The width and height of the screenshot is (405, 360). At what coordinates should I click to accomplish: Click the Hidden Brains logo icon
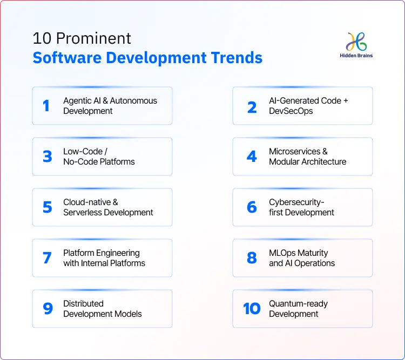click(x=357, y=41)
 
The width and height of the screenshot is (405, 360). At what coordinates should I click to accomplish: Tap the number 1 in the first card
click(x=46, y=106)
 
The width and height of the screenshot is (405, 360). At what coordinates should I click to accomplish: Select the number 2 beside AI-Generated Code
click(x=252, y=106)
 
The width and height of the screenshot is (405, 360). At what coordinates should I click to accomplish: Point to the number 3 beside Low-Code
click(x=48, y=157)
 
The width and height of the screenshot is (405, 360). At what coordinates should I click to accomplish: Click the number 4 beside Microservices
click(x=252, y=157)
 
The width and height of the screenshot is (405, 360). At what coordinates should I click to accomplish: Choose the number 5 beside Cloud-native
click(x=48, y=207)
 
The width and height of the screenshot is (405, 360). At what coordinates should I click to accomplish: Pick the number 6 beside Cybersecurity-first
click(x=252, y=207)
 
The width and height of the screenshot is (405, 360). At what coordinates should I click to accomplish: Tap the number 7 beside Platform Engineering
click(x=48, y=258)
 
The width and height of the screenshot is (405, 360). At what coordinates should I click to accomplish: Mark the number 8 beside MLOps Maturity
click(x=252, y=258)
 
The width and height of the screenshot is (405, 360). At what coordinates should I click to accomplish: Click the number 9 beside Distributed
click(x=48, y=309)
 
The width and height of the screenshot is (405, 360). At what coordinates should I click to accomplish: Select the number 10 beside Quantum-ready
click(x=252, y=309)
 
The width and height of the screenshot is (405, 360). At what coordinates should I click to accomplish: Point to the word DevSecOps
click(x=291, y=111)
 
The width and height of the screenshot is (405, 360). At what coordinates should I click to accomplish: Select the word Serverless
click(x=83, y=213)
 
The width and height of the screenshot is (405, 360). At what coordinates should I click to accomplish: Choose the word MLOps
click(x=282, y=253)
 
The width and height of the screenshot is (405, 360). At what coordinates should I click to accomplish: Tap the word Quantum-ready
click(x=299, y=304)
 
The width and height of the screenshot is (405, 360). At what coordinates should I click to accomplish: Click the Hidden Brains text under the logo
click(x=357, y=55)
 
